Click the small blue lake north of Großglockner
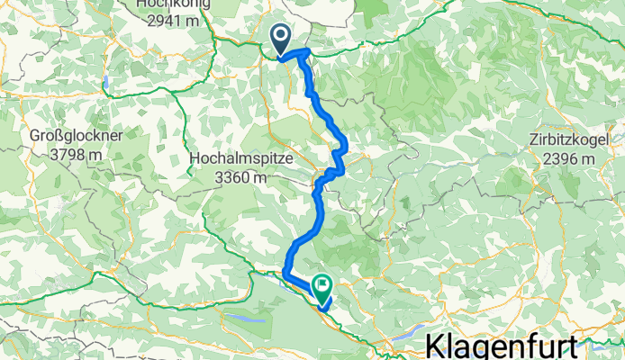107,82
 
